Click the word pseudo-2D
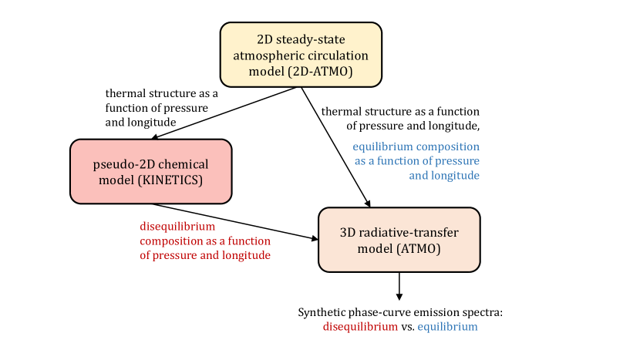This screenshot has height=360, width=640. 123,164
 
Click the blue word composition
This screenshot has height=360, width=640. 448,146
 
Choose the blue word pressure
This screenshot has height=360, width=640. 455,161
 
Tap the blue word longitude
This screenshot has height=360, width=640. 455,176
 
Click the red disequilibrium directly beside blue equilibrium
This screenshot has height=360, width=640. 360,327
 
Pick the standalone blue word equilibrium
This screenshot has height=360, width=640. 447,327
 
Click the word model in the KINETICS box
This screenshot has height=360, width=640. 115,180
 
